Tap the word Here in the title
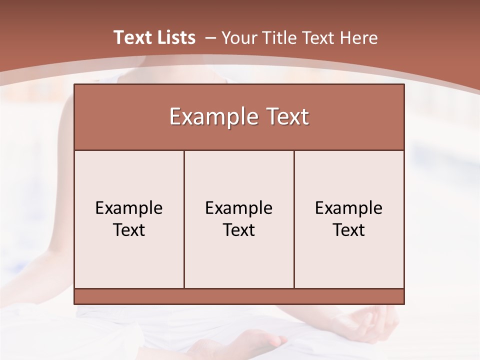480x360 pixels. (x=358, y=37)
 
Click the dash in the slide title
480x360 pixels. (x=210, y=37)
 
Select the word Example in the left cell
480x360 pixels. (x=129, y=208)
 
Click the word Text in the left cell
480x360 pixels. (x=129, y=230)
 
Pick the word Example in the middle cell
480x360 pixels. (x=239, y=208)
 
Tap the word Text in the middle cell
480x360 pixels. (x=239, y=230)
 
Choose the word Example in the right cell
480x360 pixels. (x=349, y=208)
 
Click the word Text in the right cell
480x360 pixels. (x=349, y=230)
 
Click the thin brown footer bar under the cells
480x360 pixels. (x=239, y=296)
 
